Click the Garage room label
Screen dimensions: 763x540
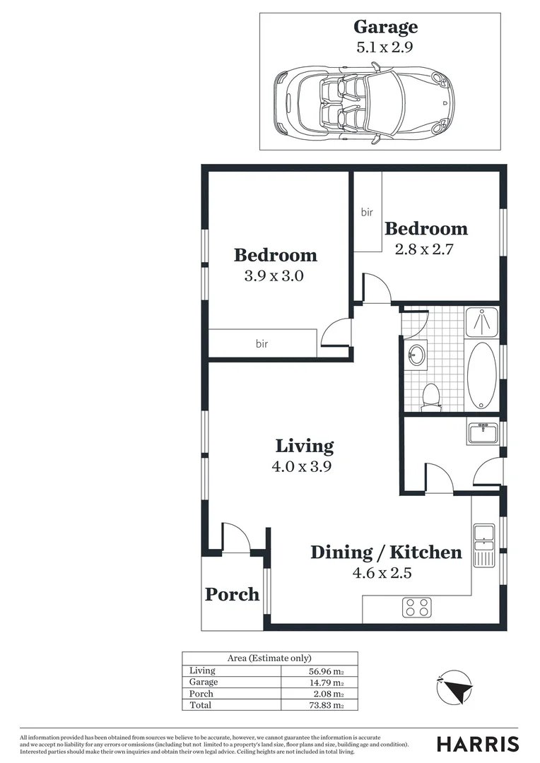[x=385, y=28]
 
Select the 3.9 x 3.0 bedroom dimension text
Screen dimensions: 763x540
[x=274, y=276]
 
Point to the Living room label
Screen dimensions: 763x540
[x=304, y=446]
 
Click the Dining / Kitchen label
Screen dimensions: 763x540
[x=386, y=552]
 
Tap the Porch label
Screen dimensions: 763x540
[x=232, y=595]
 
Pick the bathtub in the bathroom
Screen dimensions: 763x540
[x=482, y=375]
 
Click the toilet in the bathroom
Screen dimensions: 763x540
[x=430, y=397]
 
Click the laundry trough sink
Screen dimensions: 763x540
[x=483, y=432]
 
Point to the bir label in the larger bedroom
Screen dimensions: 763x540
[x=262, y=344]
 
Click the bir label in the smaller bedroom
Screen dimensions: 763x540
[x=367, y=212]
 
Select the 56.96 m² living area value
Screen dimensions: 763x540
[x=326, y=670]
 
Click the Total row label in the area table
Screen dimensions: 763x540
[x=200, y=704]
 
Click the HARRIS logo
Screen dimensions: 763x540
[x=477, y=744]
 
